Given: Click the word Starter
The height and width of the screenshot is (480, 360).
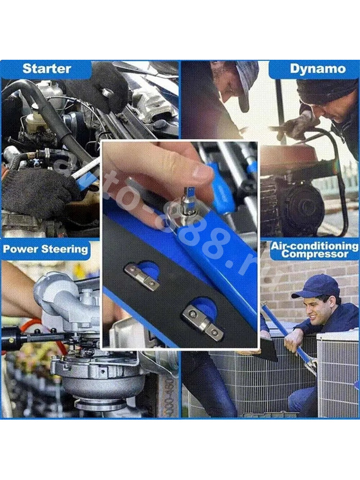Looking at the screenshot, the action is point(47,69).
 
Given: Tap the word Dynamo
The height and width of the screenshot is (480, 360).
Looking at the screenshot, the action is point(318,69).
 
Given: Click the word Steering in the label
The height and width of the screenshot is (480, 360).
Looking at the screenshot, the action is point(65,249).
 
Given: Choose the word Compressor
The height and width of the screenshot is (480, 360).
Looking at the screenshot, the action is point(315,254).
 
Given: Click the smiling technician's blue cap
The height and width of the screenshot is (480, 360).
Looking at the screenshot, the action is point(316,286).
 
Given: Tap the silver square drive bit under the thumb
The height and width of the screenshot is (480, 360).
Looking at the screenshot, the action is point(189,199).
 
